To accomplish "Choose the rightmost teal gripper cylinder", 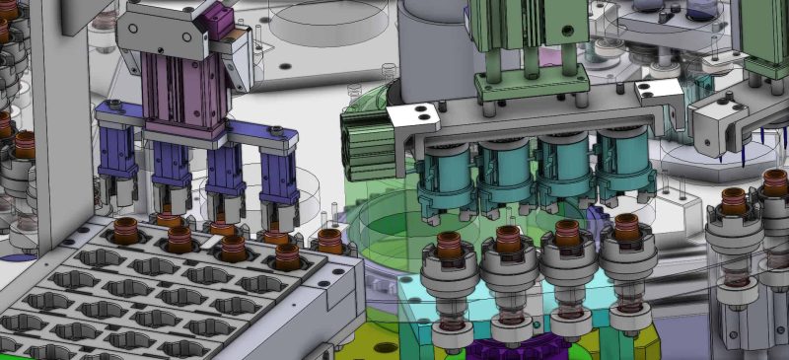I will click(623, 164).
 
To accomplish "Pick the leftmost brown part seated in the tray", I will click(125, 233).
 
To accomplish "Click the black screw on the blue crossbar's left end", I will click(116, 105).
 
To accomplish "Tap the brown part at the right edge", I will click(774, 183).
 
